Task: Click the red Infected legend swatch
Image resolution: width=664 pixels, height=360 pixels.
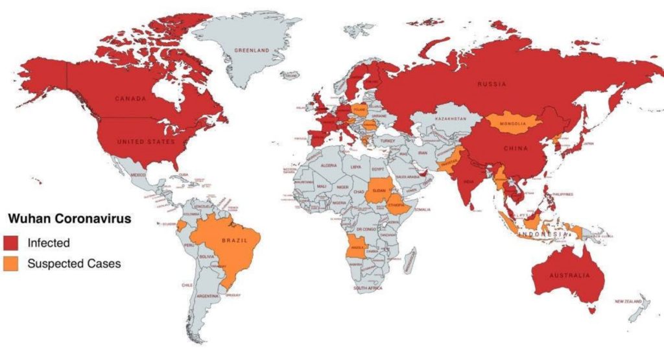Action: (x=13, y=243)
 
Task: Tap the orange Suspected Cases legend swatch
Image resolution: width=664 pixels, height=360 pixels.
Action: (x=13, y=263)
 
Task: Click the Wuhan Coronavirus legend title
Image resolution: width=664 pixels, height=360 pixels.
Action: (x=69, y=219)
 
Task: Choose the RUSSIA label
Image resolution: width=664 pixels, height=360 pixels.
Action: (x=492, y=84)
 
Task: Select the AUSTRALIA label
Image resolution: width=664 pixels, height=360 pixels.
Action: (x=570, y=275)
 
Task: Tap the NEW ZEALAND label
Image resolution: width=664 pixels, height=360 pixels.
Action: (x=628, y=302)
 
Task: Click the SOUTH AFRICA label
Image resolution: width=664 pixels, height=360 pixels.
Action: (x=367, y=287)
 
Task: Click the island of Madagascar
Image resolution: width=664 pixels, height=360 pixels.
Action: (x=410, y=261)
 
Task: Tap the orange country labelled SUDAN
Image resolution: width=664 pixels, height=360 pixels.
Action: (x=379, y=190)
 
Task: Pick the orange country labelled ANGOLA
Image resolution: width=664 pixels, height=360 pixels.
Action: (x=357, y=247)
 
